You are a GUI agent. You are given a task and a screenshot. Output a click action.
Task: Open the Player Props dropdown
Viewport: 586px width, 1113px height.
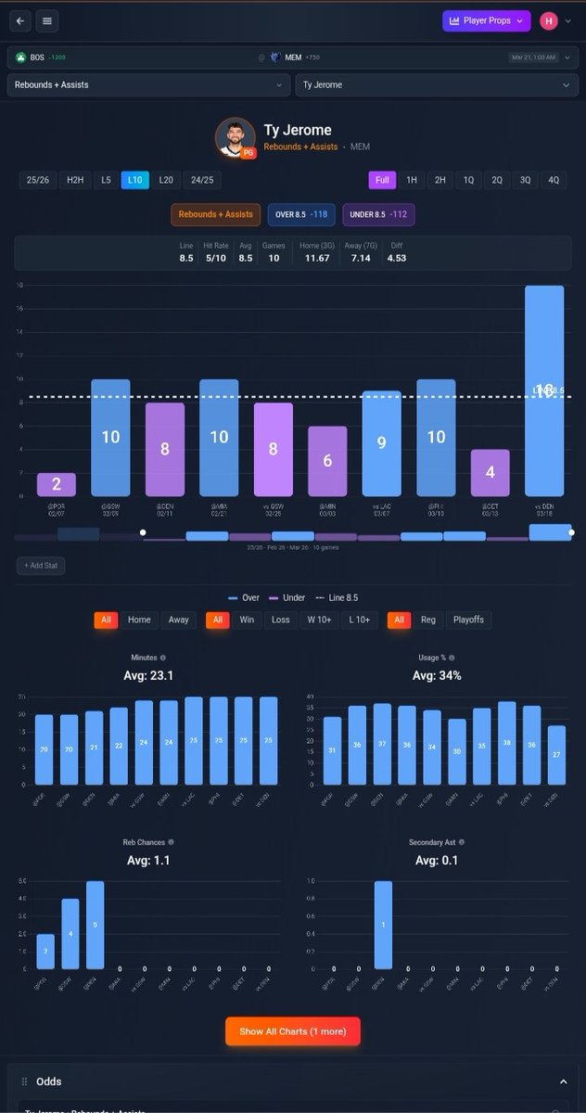click(486, 20)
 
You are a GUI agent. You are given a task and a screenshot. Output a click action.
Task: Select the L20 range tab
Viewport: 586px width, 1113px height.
click(166, 180)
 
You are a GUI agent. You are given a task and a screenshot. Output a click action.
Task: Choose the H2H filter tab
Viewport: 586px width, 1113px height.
click(74, 180)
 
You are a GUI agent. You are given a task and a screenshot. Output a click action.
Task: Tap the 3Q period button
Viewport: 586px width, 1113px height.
click(526, 180)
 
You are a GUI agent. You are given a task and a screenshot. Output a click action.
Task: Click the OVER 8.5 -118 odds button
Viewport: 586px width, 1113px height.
click(301, 214)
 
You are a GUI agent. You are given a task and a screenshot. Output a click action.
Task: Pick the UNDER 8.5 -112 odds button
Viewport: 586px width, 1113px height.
click(378, 214)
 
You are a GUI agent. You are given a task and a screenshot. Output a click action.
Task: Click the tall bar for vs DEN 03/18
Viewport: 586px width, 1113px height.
click(544, 390)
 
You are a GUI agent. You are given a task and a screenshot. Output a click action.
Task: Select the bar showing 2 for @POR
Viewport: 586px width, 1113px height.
click(57, 484)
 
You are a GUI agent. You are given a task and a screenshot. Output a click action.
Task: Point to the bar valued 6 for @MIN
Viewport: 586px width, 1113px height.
click(327, 461)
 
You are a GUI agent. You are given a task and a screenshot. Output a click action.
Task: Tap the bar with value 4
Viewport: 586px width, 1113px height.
click(490, 472)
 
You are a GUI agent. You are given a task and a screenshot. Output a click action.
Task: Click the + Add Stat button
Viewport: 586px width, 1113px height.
click(40, 565)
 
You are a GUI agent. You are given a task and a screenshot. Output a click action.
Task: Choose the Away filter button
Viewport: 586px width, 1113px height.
click(178, 620)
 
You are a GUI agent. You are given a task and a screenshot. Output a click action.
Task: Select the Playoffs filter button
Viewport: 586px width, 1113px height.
click(472, 620)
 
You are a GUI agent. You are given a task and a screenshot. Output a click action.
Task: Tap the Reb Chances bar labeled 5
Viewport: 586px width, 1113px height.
click(95, 924)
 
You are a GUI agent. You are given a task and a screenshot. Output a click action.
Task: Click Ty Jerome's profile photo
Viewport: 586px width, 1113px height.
click(235, 137)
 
